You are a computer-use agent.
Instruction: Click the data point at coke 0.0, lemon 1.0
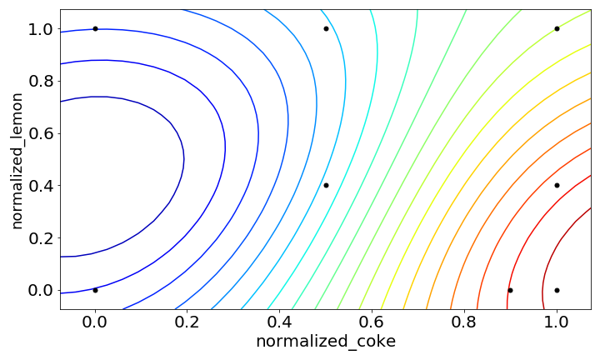click(95, 28)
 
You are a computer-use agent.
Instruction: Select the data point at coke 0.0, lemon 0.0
click(95, 290)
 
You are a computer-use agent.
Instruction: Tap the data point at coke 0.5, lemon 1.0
click(326, 28)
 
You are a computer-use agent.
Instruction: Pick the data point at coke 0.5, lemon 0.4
click(326, 185)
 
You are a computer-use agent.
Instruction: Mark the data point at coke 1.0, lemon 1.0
click(557, 28)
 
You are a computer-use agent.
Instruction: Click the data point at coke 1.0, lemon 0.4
click(557, 185)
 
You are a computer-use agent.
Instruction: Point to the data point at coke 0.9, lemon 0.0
click(510, 290)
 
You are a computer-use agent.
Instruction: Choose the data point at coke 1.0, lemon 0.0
click(557, 290)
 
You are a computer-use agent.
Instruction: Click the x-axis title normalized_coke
click(326, 342)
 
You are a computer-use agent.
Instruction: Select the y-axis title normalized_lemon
click(17, 160)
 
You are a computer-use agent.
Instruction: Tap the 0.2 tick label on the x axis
click(187, 320)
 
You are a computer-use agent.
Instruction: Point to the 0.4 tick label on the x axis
click(280, 320)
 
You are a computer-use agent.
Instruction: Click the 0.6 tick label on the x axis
click(372, 320)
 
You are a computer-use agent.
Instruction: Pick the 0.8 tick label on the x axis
click(464, 320)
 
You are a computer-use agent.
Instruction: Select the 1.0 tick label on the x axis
click(557, 320)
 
